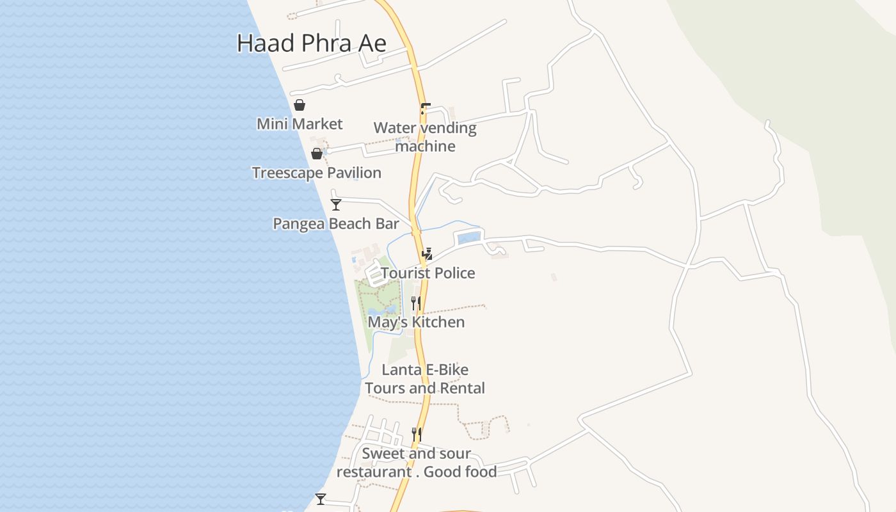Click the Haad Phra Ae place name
pos(311,44)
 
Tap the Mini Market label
pos(300,124)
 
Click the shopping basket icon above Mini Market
pos(299,105)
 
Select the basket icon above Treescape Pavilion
pos(316,154)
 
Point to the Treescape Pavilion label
pos(316,173)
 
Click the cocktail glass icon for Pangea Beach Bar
pos(335,205)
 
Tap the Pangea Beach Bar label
pos(335,224)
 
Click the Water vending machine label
pos(425,137)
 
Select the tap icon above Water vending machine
pos(425,109)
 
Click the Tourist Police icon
pos(427,253)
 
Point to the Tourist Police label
pos(428,273)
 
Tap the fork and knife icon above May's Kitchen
pos(416,303)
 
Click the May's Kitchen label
pos(416,322)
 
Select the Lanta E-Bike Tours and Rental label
pos(425,379)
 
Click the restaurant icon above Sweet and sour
pos(416,435)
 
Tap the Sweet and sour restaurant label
pos(417,463)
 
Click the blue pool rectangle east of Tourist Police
pos(468,238)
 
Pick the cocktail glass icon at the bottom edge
pos(321,499)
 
